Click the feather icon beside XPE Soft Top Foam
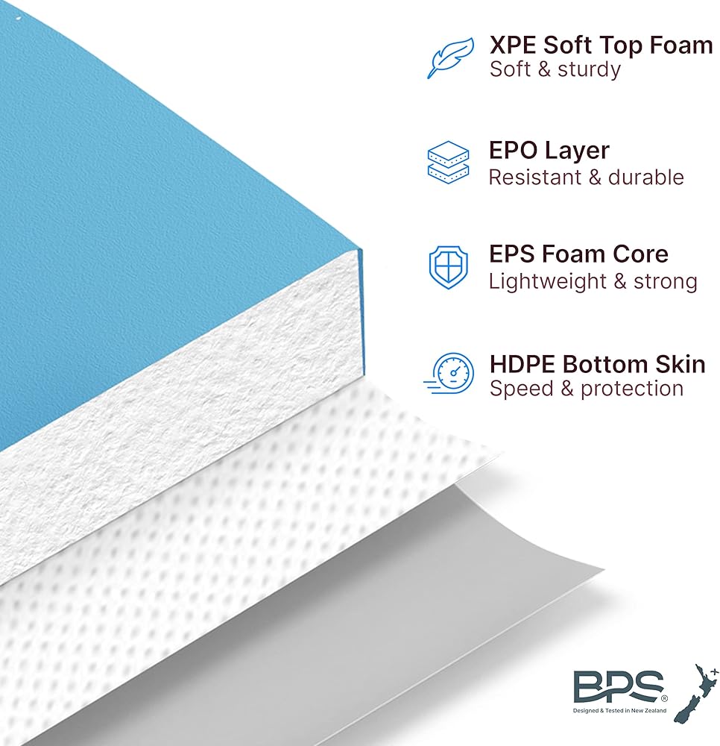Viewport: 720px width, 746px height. [x=450, y=57]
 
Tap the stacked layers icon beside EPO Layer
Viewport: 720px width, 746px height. [x=448, y=163]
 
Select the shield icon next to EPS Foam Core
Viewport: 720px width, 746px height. [x=448, y=267]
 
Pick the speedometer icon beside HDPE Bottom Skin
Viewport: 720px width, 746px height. [x=449, y=374]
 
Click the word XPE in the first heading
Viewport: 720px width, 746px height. [x=513, y=46]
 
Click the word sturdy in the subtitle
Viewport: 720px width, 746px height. [x=589, y=69]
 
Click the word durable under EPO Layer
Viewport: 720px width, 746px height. [x=646, y=177]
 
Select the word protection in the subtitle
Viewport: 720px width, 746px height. [x=632, y=389]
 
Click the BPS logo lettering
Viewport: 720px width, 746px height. [x=619, y=686]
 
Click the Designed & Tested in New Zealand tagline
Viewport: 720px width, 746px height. [x=619, y=710]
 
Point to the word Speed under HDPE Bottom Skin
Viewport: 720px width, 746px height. [x=522, y=389]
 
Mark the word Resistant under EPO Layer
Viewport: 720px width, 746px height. [x=535, y=177]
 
